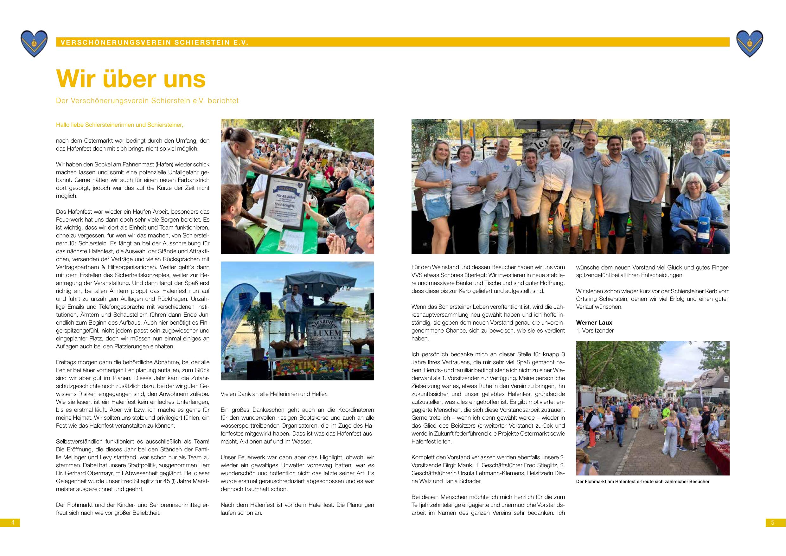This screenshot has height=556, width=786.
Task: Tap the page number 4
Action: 13,522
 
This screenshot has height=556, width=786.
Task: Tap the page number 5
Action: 773,522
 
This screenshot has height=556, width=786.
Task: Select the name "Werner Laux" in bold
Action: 594,323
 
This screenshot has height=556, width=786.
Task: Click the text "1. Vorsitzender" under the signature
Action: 595,331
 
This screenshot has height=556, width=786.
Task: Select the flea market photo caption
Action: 642,482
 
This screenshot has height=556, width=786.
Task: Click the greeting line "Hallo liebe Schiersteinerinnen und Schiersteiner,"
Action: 119,125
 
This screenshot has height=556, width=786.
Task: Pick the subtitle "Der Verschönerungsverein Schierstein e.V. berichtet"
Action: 147,101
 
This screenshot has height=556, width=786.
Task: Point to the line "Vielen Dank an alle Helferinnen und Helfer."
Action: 274,394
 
